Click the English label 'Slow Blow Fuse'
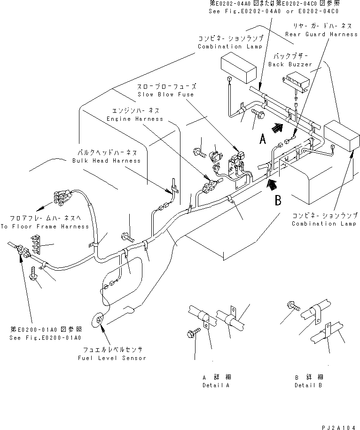tap(166, 94)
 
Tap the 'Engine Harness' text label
tap(134, 119)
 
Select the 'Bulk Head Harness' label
tap(106, 161)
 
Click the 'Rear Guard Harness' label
tap(321, 34)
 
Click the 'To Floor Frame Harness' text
tap(44, 227)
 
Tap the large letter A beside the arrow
tap(263, 138)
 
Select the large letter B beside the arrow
tap(278, 201)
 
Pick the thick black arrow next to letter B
tap(271, 185)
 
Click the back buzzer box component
tap(296, 83)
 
